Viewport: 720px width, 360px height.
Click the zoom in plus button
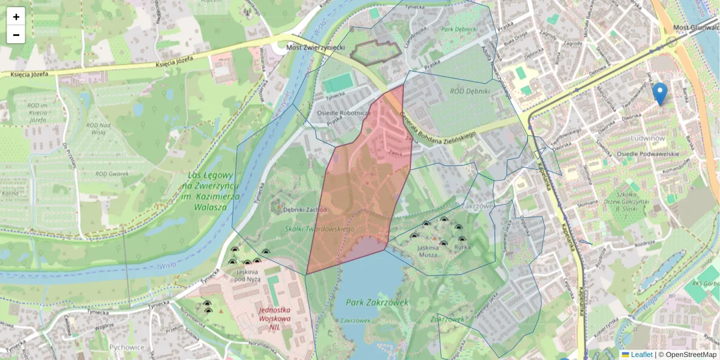(x=16, y=16)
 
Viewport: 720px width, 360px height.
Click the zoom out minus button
(x=16, y=35)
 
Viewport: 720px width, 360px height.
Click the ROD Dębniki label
(x=470, y=91)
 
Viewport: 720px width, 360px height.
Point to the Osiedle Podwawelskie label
(x=648, y=154)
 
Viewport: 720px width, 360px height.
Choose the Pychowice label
(x=128, y=347)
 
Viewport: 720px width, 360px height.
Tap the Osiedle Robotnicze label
(x=343, y=113)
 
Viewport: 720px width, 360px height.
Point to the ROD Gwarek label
(x=112, y=174)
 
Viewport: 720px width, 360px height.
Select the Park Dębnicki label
(x=458, y=28)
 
